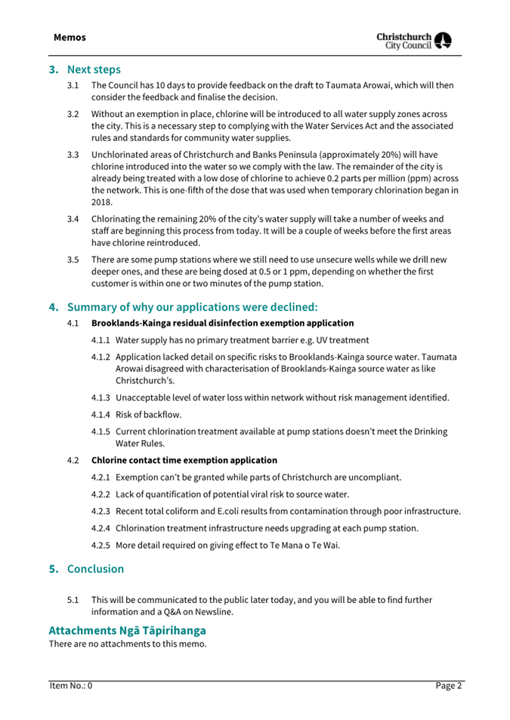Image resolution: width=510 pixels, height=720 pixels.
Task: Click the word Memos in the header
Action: [x=70, y=37]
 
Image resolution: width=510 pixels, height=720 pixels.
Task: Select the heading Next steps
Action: [x=94, y=69]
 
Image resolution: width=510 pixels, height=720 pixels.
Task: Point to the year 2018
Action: [x=102, y=202]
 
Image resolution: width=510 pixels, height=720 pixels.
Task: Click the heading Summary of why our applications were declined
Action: [x=193, y=307]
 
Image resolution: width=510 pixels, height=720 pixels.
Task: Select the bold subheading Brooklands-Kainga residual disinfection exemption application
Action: [x=222, y=323]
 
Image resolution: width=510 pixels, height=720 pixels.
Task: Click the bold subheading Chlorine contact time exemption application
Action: [x=184, y=460]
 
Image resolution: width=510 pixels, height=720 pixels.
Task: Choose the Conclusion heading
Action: [x=95, y=568]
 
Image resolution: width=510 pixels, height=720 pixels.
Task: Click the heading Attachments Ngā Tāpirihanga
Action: [x=127, y=629]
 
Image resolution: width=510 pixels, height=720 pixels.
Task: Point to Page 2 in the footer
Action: [x=448, y=686]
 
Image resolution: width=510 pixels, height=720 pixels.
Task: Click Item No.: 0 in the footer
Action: [x=71, y=686]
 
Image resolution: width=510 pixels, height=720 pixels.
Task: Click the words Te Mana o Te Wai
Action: [x=303, y=545]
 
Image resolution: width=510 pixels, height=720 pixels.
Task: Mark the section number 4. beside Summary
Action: [x=54, y=307]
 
